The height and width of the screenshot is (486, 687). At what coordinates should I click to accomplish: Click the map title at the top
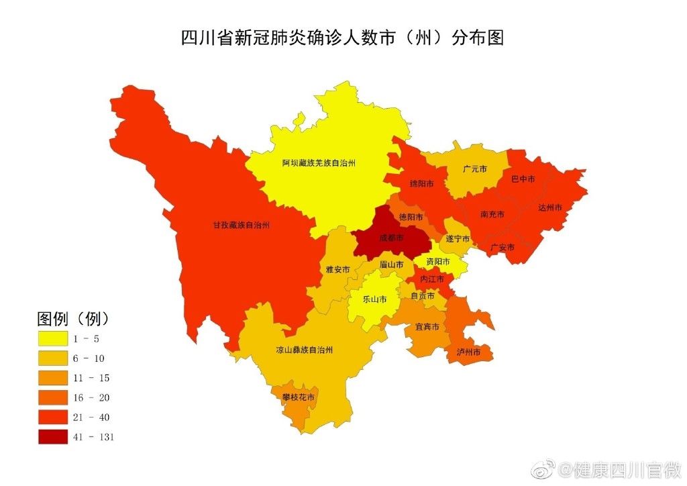click(x=342, y=37)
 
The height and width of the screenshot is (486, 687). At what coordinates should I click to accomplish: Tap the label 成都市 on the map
click(x=391, y=238)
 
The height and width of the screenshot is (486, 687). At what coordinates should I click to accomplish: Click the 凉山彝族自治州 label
click(x=304, y=350)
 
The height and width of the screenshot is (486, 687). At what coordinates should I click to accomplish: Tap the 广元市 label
click(x=475, y=168)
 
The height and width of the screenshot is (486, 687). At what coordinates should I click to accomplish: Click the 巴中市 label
click(x=523, y=179)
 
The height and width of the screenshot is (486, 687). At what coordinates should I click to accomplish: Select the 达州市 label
click(x=549, y=207)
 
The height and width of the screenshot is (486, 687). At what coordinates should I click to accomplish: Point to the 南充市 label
click(x=492, y=215)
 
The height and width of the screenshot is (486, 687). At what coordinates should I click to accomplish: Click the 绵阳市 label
click(x=421, y=183)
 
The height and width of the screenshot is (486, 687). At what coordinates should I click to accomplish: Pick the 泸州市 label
click(x=468, y=352)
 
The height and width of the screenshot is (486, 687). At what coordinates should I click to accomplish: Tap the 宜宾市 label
click(x=427, y=327)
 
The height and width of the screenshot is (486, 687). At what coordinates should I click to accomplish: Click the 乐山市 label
click(x=374, y=299)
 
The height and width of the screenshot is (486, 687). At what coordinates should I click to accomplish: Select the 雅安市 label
click(x=337, y=270)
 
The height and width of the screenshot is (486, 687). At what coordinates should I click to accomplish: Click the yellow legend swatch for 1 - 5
click(x=52, y=338)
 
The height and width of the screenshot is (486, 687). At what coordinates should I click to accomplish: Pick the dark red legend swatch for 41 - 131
click(x=52, y=437)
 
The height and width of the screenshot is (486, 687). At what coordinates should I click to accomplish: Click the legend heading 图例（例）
click(x=72, y=318)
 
